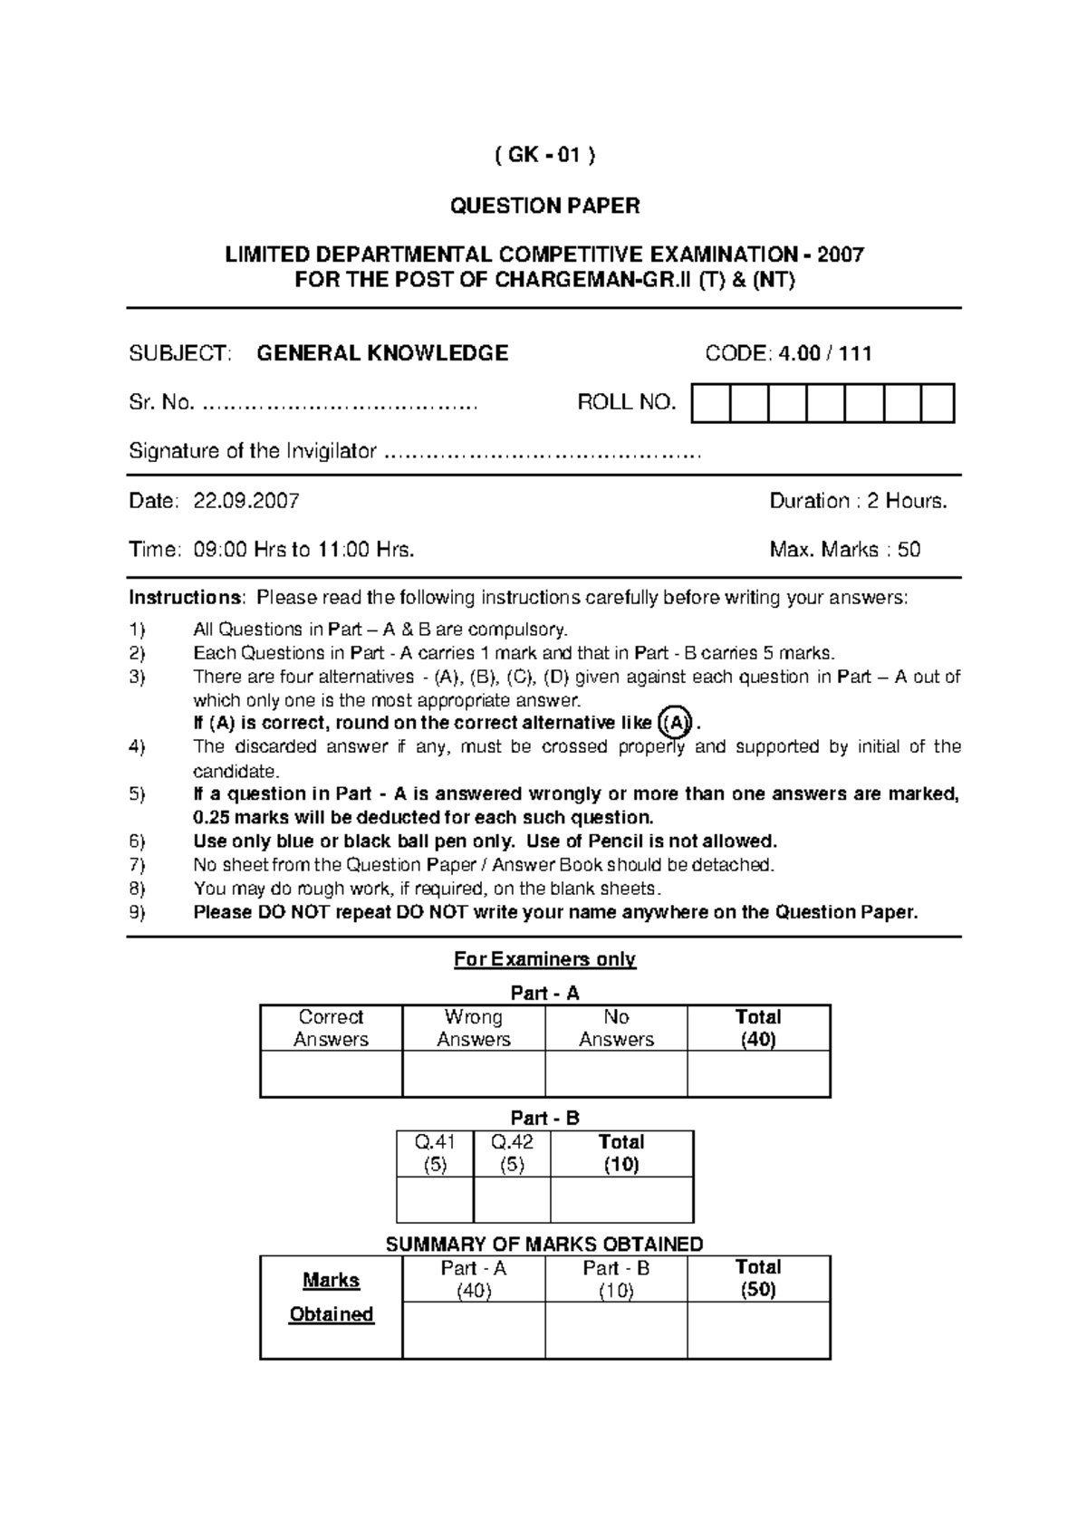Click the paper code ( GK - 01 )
coord(544,156)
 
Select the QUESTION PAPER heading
coord(544,207)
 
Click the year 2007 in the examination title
coord(840,255)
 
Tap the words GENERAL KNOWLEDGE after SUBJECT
coord(382,353)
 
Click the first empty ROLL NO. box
coord(710,403)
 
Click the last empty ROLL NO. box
coord(938,403)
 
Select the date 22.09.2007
coord(246,501)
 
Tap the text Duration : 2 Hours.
coord(858,501)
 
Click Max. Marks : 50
coord(844,550)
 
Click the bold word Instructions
coord(185,598)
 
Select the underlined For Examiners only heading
coord(544,959)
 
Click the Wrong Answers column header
coord(474,1028)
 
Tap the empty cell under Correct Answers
coord(331,1074)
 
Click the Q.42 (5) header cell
coord(512,1153)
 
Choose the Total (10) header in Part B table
coord(621,1153)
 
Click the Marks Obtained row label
coord(331,1297)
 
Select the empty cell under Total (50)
coord(758,1331)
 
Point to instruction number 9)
coord(137,912)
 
